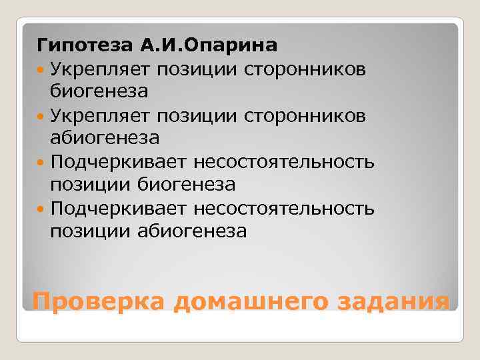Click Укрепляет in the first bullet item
pos(101,68)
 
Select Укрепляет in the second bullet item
pos(101,115)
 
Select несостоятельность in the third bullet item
pos(285,163)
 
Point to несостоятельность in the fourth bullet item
pos(285,210)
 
